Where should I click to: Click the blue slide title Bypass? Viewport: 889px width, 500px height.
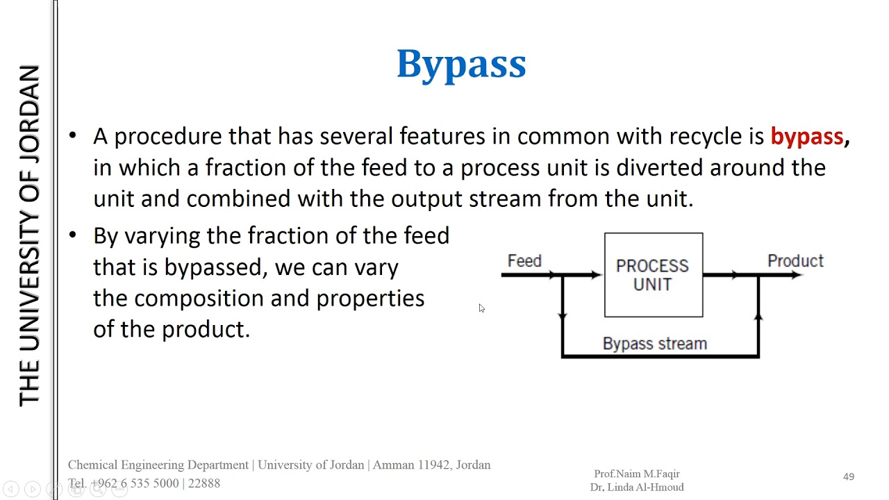point(461,65)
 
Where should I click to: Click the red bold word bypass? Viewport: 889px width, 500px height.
point(806,136)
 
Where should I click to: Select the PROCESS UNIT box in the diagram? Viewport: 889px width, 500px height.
point(653,275)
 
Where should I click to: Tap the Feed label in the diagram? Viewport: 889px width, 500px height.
point(524,261)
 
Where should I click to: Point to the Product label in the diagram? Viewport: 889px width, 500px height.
point(795,261)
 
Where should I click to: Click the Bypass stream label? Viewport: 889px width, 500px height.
point(654,344)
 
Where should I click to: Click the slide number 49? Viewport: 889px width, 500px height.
point(848,476)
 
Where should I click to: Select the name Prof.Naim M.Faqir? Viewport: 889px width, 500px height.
point(636,474)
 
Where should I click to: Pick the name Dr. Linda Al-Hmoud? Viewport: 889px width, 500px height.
point(636,487)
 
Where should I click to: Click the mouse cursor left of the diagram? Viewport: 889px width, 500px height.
point(481,308)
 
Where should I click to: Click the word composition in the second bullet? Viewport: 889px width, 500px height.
point(199,299)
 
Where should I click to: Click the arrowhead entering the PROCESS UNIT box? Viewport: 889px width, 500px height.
point(596,275)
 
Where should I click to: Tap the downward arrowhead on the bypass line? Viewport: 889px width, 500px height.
point(563,316)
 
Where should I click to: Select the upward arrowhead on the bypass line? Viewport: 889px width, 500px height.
point(758,316)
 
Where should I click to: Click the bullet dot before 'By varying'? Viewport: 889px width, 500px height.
point(73,235)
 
